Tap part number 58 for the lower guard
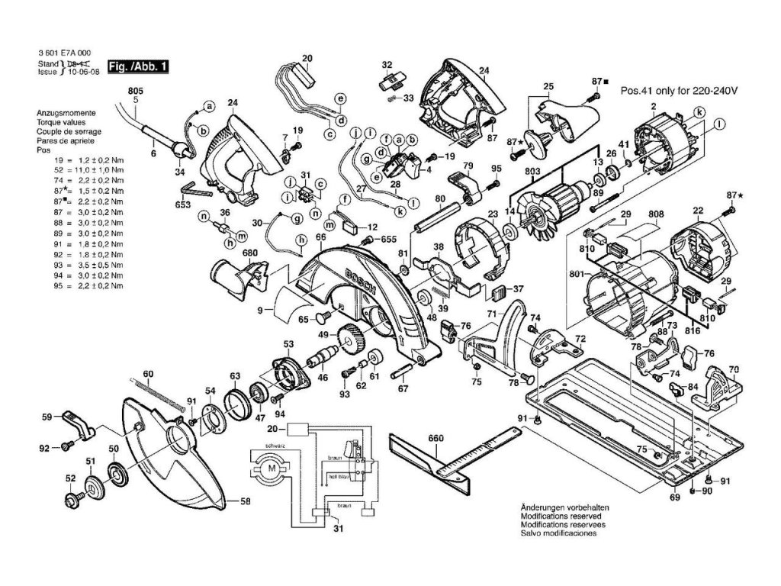pyautogui.click(x=245, y=501)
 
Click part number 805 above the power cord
pyautogui.click(x=135, y=91)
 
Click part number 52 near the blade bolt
pyautogui.click(x=71, y=478)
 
